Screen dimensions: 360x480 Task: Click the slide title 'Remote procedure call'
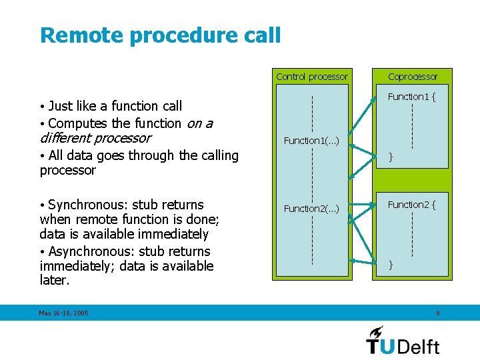pos(160,35)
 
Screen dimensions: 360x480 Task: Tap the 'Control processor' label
pos(311,77)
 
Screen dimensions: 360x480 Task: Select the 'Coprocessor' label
pos(413,77)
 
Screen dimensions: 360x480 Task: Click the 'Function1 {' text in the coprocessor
pos(411,97)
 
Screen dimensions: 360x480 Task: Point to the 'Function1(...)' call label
pos(311,141)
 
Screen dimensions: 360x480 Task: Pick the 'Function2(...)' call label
pos(311,209)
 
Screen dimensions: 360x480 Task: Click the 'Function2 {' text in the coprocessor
pos(411,205)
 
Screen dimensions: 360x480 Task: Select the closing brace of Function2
pos(391,265)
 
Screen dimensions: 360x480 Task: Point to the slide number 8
pos(437,313)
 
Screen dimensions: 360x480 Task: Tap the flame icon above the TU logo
pos(376,331)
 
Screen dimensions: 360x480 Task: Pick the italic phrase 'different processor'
pos(95,138)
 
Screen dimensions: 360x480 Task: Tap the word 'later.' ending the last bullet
pos(55,281)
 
